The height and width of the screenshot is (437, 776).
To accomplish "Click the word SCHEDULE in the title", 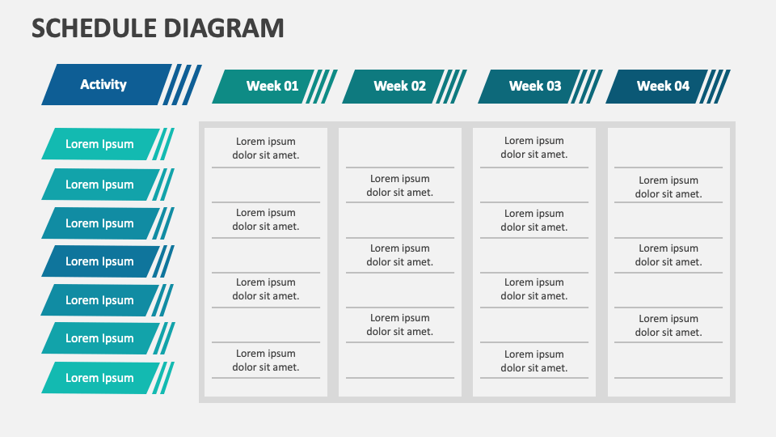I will coord(94,28).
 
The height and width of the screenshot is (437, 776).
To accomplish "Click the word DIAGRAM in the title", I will coord(223,28).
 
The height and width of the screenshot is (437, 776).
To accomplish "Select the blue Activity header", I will coord(103,84).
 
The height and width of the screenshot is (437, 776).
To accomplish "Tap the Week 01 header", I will coord(272,86).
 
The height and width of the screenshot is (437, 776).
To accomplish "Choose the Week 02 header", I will coord(399,86).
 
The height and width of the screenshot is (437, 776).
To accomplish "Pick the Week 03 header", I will coord(534,86).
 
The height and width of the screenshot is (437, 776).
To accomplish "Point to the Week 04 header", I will coord(662,86).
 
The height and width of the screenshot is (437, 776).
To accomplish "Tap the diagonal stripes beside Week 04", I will coord(715,86).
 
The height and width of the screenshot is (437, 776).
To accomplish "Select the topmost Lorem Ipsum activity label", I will coord(99,144).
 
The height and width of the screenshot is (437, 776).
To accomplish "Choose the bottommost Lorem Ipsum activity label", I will coord(99,378).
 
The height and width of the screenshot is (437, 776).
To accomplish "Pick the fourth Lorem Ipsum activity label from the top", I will coord(99,261).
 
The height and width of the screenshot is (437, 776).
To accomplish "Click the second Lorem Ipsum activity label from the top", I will coord(99,185).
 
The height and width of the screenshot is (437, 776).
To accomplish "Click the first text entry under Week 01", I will coord(266,148).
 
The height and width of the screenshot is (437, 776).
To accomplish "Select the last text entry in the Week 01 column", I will coord(266,360).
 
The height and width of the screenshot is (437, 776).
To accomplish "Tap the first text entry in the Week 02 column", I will coord(400,185).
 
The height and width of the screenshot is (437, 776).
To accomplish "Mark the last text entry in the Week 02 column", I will coord(400,325).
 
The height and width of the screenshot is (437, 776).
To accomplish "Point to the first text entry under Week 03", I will coord(534,148).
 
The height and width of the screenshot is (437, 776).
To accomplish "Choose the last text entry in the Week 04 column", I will coord(668,325).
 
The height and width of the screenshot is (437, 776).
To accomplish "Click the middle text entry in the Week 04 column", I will coord(668,255).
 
